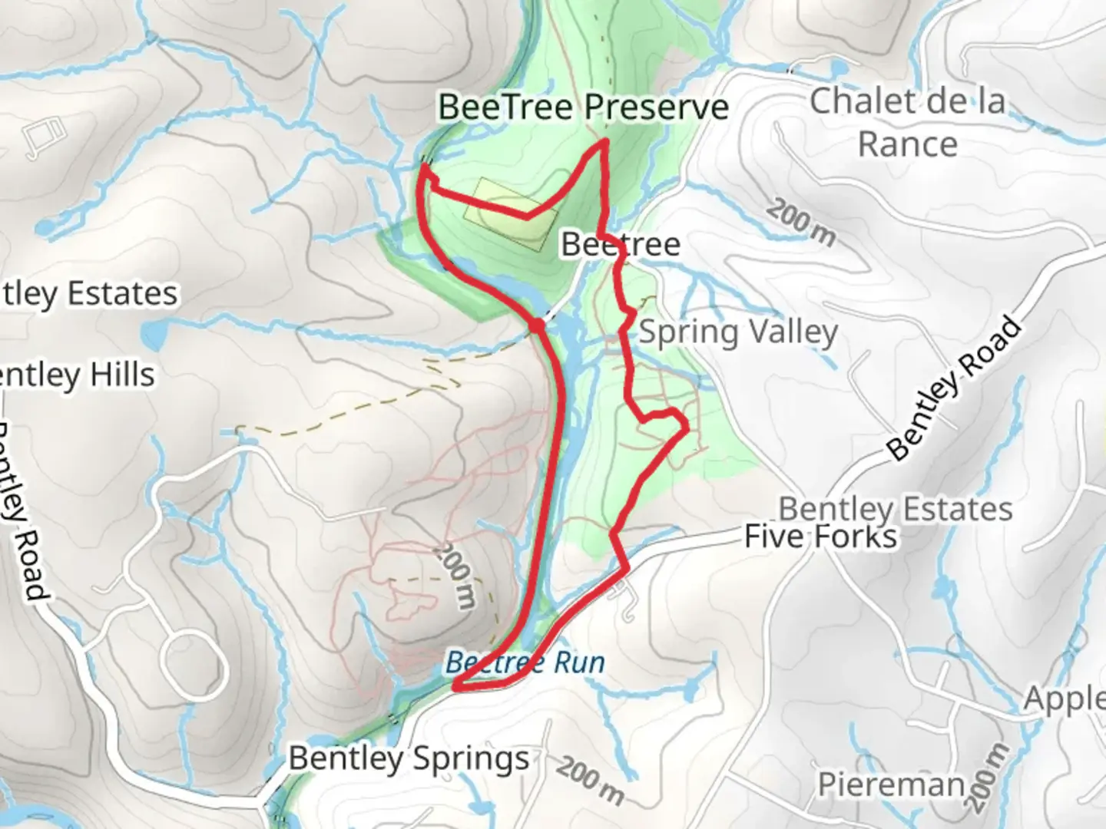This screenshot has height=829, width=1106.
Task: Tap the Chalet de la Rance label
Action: point(907,122)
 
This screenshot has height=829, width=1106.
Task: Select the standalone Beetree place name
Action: point(621,244)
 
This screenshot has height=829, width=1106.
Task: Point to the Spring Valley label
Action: point(738,332)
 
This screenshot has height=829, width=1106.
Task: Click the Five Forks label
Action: point(820,537)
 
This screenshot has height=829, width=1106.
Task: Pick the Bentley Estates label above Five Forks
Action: point(896,508)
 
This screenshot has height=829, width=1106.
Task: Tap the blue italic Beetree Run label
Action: point(525,662)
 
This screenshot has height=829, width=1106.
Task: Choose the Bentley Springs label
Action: point(409,758)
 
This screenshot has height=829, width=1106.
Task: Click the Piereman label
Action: point(891,784)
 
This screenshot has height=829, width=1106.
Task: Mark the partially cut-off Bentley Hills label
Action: point(77,375)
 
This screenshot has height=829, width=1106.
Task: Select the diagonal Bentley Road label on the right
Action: point(955,389)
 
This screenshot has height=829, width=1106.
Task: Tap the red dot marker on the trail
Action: point(537,325)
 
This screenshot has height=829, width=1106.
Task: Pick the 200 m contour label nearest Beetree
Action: point(801,222)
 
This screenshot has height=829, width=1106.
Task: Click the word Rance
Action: point(907,144)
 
